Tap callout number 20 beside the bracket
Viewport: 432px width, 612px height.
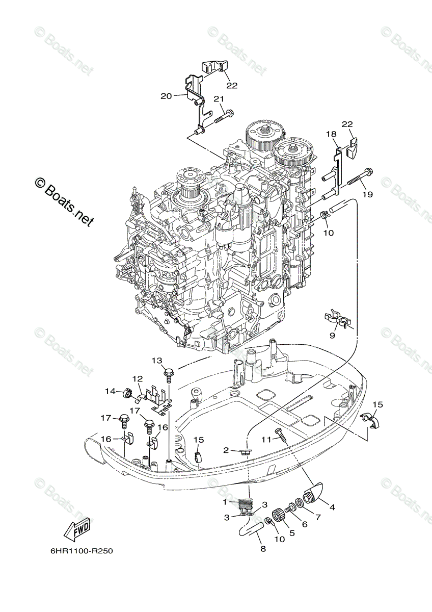pyautogui.click(x=166, y=95)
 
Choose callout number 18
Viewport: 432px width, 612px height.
pyautogui.click(x=331, y=134)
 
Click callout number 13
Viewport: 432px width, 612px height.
pyautogui.click(x=156, y=361)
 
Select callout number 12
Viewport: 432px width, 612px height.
pyautogui.click(x=138, y=379)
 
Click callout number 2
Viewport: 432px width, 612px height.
pyautogui.click(x=226, y=450)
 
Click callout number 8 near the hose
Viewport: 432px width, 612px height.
pyautogui.click(x=263, y=549)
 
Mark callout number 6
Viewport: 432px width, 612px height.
pyautogui.click(x=305, y=524)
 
